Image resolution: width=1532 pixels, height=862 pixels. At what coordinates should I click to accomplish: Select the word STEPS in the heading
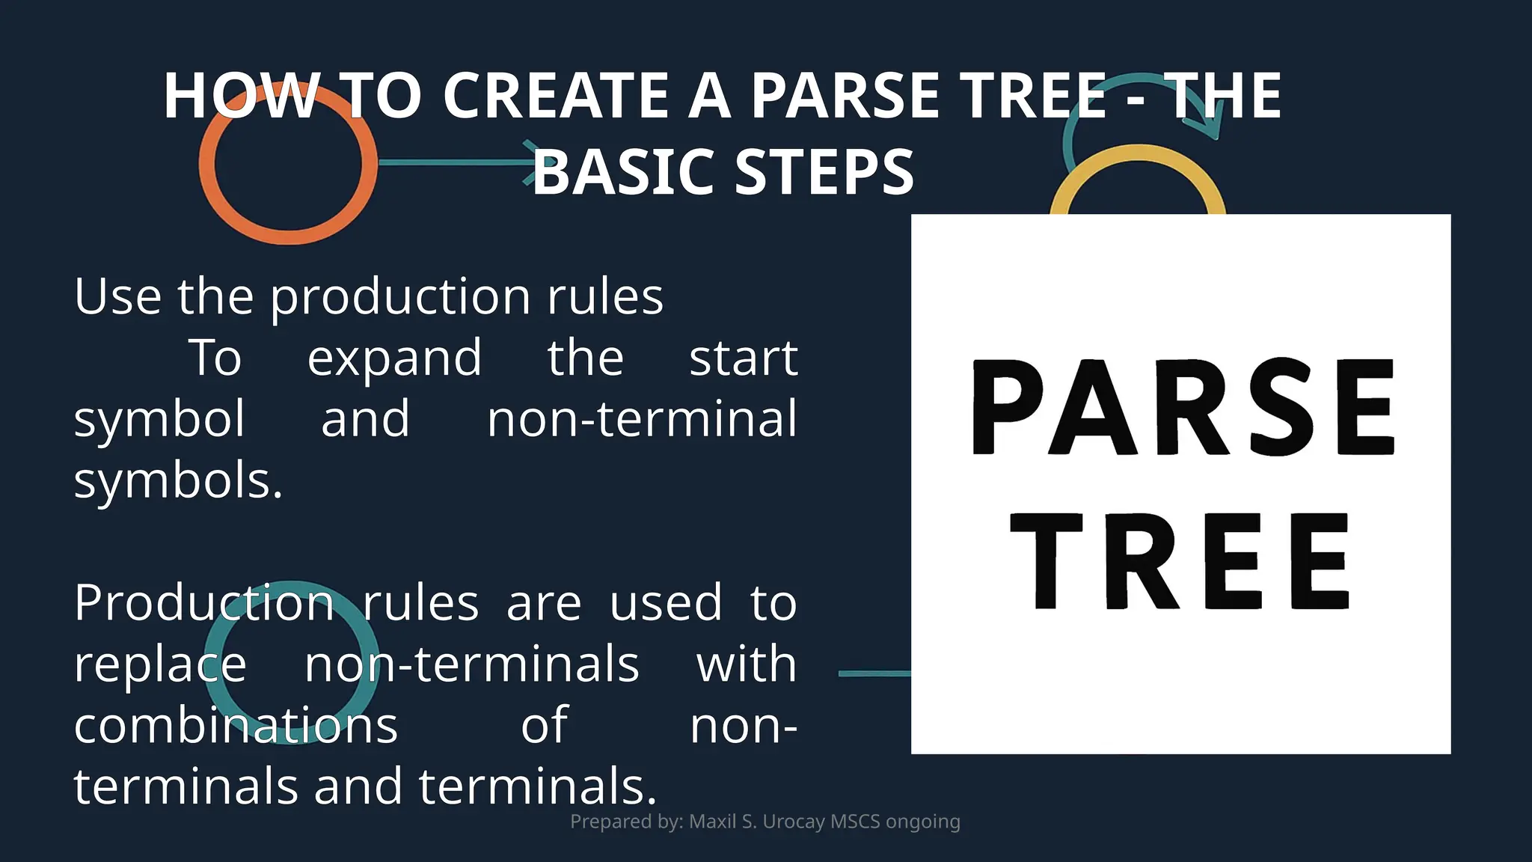click(x=824, y=172)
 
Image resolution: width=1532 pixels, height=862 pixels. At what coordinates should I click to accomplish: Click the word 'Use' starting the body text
click(x=117, y=297)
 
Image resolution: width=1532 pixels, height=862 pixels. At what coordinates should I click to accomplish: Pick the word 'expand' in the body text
click(x=394, y=358)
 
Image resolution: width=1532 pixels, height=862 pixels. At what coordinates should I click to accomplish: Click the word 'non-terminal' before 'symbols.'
click(x=642, y=419)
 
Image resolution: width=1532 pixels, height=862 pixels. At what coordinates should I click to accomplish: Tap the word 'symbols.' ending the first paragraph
click(x=178, y=480)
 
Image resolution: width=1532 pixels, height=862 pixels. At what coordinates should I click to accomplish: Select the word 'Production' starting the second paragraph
click(x=203, y=603)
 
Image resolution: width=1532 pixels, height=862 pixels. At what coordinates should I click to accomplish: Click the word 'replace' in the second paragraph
click(x=159, y=664)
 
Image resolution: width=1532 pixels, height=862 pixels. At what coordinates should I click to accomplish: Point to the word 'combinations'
click(x=236, y=726)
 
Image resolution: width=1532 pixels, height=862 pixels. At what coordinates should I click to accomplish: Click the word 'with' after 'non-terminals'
click(x=746, y=664)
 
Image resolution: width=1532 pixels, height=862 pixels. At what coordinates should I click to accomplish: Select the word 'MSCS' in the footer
click(x=855, y=822)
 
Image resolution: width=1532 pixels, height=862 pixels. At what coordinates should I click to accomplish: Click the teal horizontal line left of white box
click(x=874, y=673)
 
